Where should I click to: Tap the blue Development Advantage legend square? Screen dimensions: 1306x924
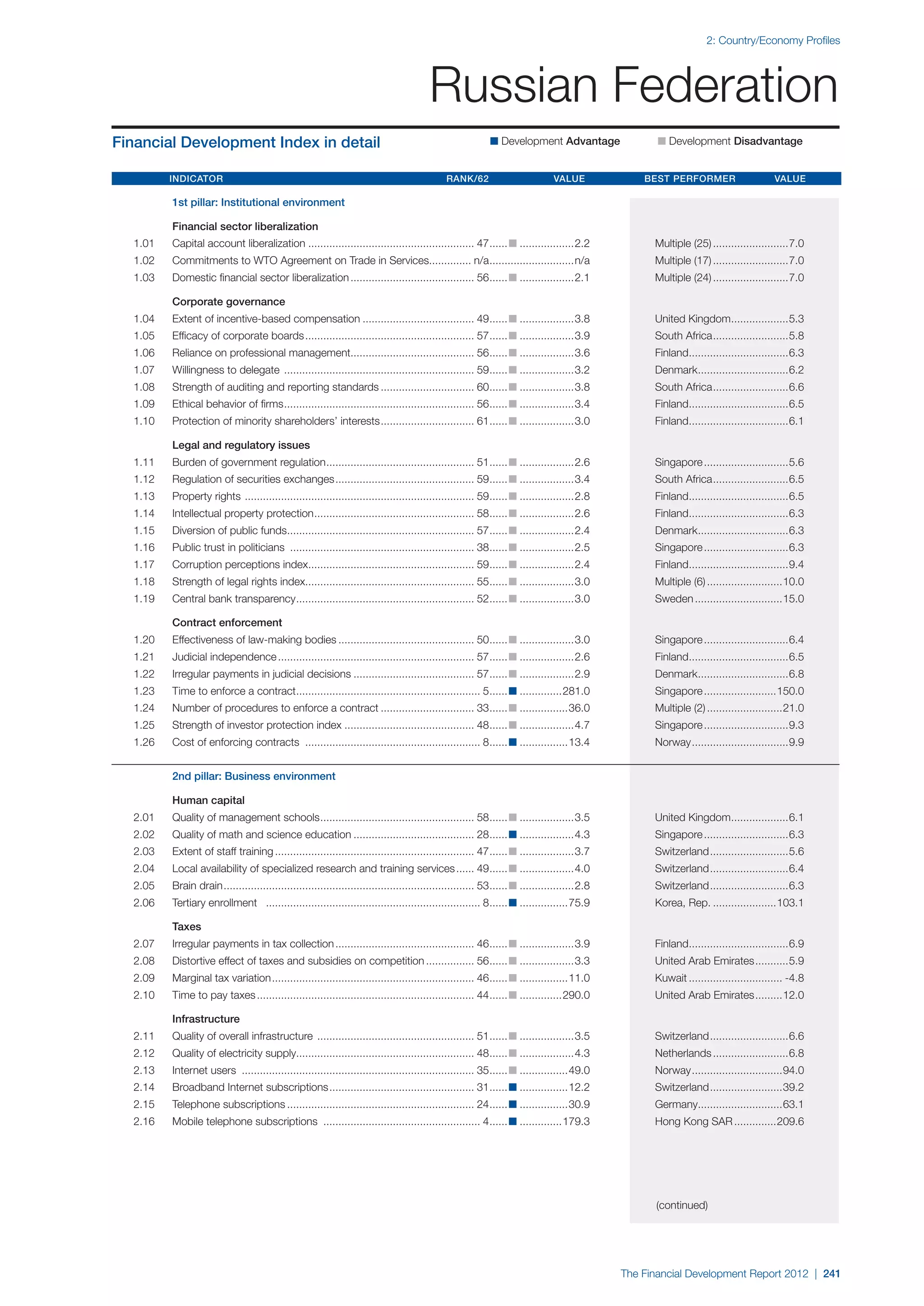pyautogui.click(x=494, y=141)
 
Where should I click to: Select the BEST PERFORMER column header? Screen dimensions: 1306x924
pyautogui.click(x=689, y=179)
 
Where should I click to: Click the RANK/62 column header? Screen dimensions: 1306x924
pyautogui.click(x=467, y=179)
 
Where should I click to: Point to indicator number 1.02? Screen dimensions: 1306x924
pyautogui.click(x=144, y=261)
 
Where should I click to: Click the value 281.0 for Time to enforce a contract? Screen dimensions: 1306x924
pyautogui.click(x=576, y=691)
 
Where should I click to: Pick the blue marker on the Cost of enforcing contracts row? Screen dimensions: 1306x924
pyautogui.click(x=513, y=742)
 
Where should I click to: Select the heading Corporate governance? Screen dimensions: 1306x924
pyautogui.click(x=229, y=302)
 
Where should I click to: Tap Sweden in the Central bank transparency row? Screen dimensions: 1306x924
pyautogui.click(x=674, y=599)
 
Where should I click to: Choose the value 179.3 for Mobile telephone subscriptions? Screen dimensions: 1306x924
pyautogui.click(x=576, y=1121)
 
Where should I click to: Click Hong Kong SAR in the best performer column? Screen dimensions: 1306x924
pyautogui.click(x=693, y=1121)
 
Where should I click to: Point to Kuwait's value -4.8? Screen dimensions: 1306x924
pyautogui.click(x=794, y=978)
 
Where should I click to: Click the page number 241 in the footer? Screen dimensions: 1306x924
pyautogui.click(x=831, y=1274)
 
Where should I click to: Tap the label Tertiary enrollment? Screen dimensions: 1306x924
pyautogui.click(x=214, y=903)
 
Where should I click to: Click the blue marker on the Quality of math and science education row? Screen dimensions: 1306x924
pyautogui.click(x=513, y=834)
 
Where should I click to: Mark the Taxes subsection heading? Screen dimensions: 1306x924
pyautogui.click(x=187, y=927)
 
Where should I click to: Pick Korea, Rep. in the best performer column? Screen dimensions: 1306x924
pyautogui.click(x=682, y=903)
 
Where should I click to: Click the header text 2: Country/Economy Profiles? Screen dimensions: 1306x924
pyautogui.click(x=773, y=41)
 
